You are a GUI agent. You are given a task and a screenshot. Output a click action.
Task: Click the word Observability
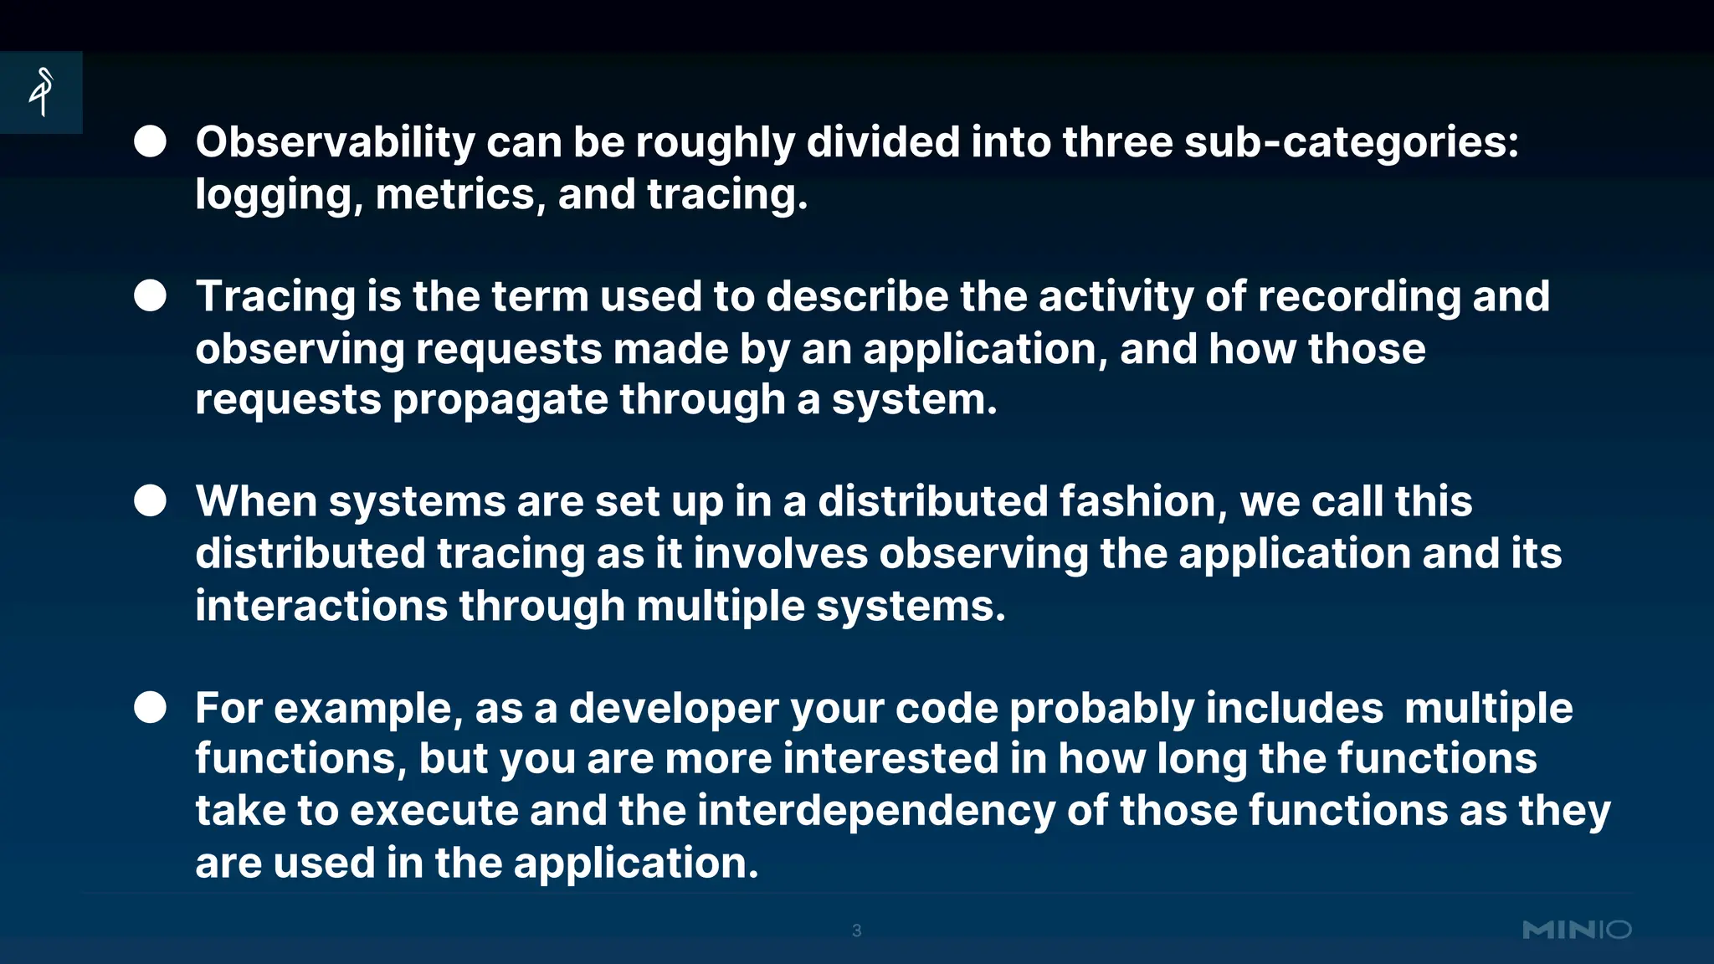point(336,142)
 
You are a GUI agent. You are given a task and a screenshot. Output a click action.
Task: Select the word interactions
point(321,606)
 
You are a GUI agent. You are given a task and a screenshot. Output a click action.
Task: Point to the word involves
point(780,554)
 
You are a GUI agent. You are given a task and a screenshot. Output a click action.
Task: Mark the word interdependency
point(875,812)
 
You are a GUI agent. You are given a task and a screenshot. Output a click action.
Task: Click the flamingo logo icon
point(41,92)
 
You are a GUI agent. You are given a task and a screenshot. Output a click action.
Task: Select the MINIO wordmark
point(1577,930)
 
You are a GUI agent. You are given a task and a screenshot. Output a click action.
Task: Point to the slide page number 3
point(856,931)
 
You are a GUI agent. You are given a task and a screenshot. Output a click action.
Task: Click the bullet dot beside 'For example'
point(151,707)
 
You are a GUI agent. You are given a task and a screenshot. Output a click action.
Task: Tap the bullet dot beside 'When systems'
point(151,501)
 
